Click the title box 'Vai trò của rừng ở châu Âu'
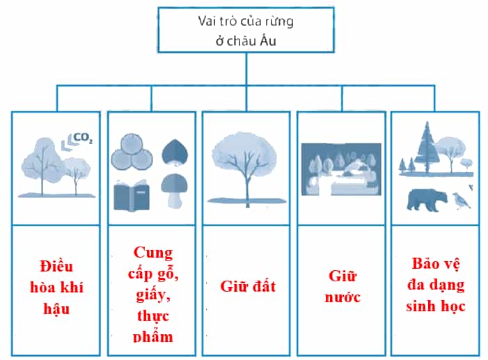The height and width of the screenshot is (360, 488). pyautogui.click(x=246, y=30)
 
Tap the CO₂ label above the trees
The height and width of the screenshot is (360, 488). pyautogui.click(x=83, y=138)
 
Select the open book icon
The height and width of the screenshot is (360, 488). pyautogui.click(x=132, y=195)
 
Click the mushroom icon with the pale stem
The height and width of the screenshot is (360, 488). pyautogui.click(x=174, y=191)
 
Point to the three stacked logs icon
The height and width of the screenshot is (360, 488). pyautogui.click(x=132, y=152)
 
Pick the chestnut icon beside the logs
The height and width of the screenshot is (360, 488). pyautogui.click(x=175, y=152)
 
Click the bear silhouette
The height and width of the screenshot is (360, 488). pyautogui.click(x=427, y=200)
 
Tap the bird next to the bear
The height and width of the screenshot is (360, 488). pyautogui.click(x=462, y=201)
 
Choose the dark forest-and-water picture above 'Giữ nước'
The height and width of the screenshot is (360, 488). pyautogui.click(x=341, y=169)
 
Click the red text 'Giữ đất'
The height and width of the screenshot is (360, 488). pyautogui.click(x=248, y=286)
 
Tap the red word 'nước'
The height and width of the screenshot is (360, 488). pyautogui.click(x=343, y=297)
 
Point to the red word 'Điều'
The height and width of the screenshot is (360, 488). pyautogui.click(x=56, y=266)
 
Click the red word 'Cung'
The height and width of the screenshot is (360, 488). pyautogui.click(x=153, y=253)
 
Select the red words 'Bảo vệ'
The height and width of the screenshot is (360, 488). pyautogui.click(x=435, y=264)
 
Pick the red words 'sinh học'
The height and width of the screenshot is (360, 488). pyautogui.click(x=435, y=306)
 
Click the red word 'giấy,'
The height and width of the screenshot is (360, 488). pyautogui.click(x=153, y=295)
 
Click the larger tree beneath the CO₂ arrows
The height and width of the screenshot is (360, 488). pyautogui.click(x=42, y=165)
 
